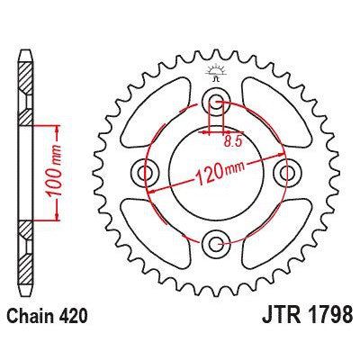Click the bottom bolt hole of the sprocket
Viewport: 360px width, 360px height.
point(215,240)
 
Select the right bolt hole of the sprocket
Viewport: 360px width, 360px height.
point(286,170)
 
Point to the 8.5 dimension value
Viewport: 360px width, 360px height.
point(232,139)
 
